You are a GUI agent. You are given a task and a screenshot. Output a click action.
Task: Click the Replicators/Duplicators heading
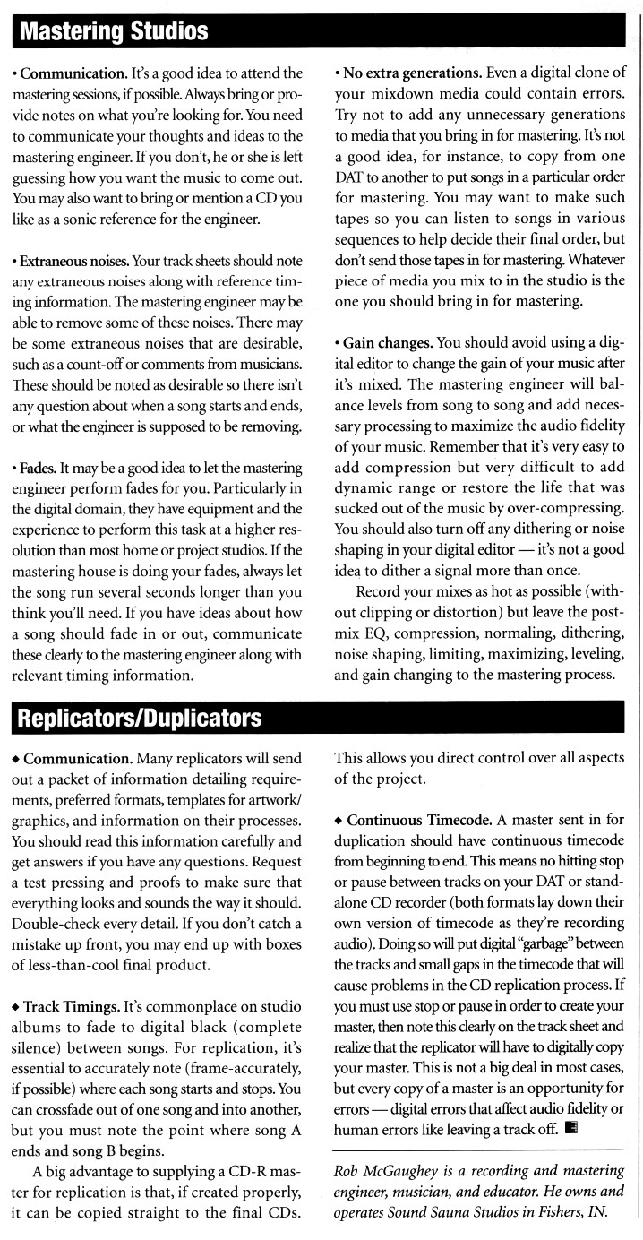click(x=140, y=718)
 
